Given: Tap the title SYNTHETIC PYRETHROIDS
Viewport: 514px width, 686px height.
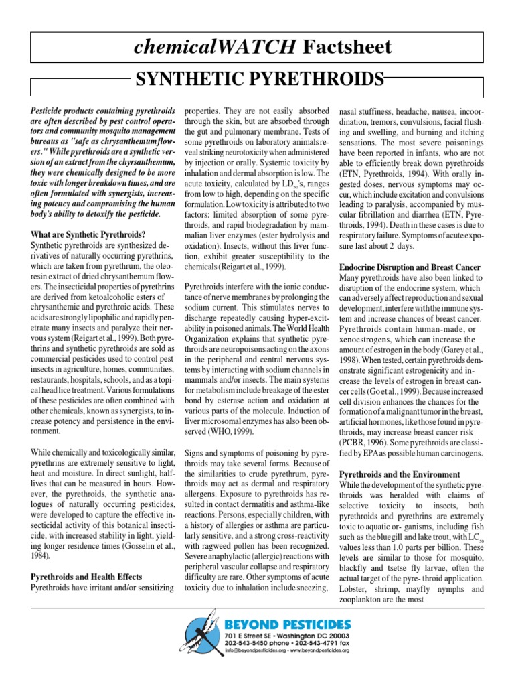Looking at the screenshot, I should point(260,81).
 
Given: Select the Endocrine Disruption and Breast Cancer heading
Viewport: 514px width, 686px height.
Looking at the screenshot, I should point(410,267).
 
